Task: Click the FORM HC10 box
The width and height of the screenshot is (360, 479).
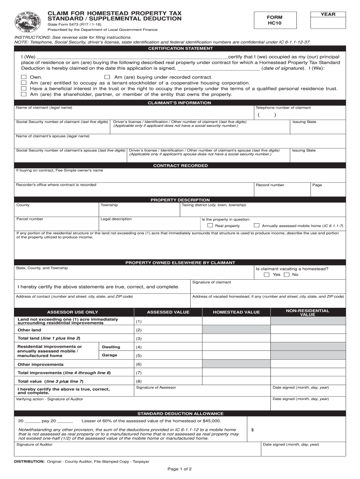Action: (x=275, y=20)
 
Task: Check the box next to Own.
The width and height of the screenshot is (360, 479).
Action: (x=24, y=77)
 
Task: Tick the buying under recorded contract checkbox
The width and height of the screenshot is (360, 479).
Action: (x=107, y=77)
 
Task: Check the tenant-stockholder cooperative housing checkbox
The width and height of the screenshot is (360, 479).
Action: (x=24, y=82)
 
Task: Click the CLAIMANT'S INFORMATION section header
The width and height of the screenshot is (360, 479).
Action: (x=180, y=102)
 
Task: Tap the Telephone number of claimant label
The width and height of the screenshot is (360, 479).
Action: (x=283, y=108)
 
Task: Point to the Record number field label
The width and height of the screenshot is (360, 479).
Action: (x=270, y=185)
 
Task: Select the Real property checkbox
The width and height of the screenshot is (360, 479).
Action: (x=210, y=225)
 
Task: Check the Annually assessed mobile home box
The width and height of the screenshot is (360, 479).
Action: (x=256, y=225)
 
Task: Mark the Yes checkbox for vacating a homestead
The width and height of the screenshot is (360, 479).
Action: (x=266, y=275)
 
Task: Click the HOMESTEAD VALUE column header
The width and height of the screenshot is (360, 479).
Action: (x=236, y=312)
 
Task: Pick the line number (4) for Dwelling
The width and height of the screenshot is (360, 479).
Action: (x=139, y=347)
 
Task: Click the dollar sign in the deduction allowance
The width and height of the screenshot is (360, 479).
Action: (x=252, y=430)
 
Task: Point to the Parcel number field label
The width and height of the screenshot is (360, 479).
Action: (x=30, y=219)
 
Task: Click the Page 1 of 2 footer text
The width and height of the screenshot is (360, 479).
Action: (x=180, y=469)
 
